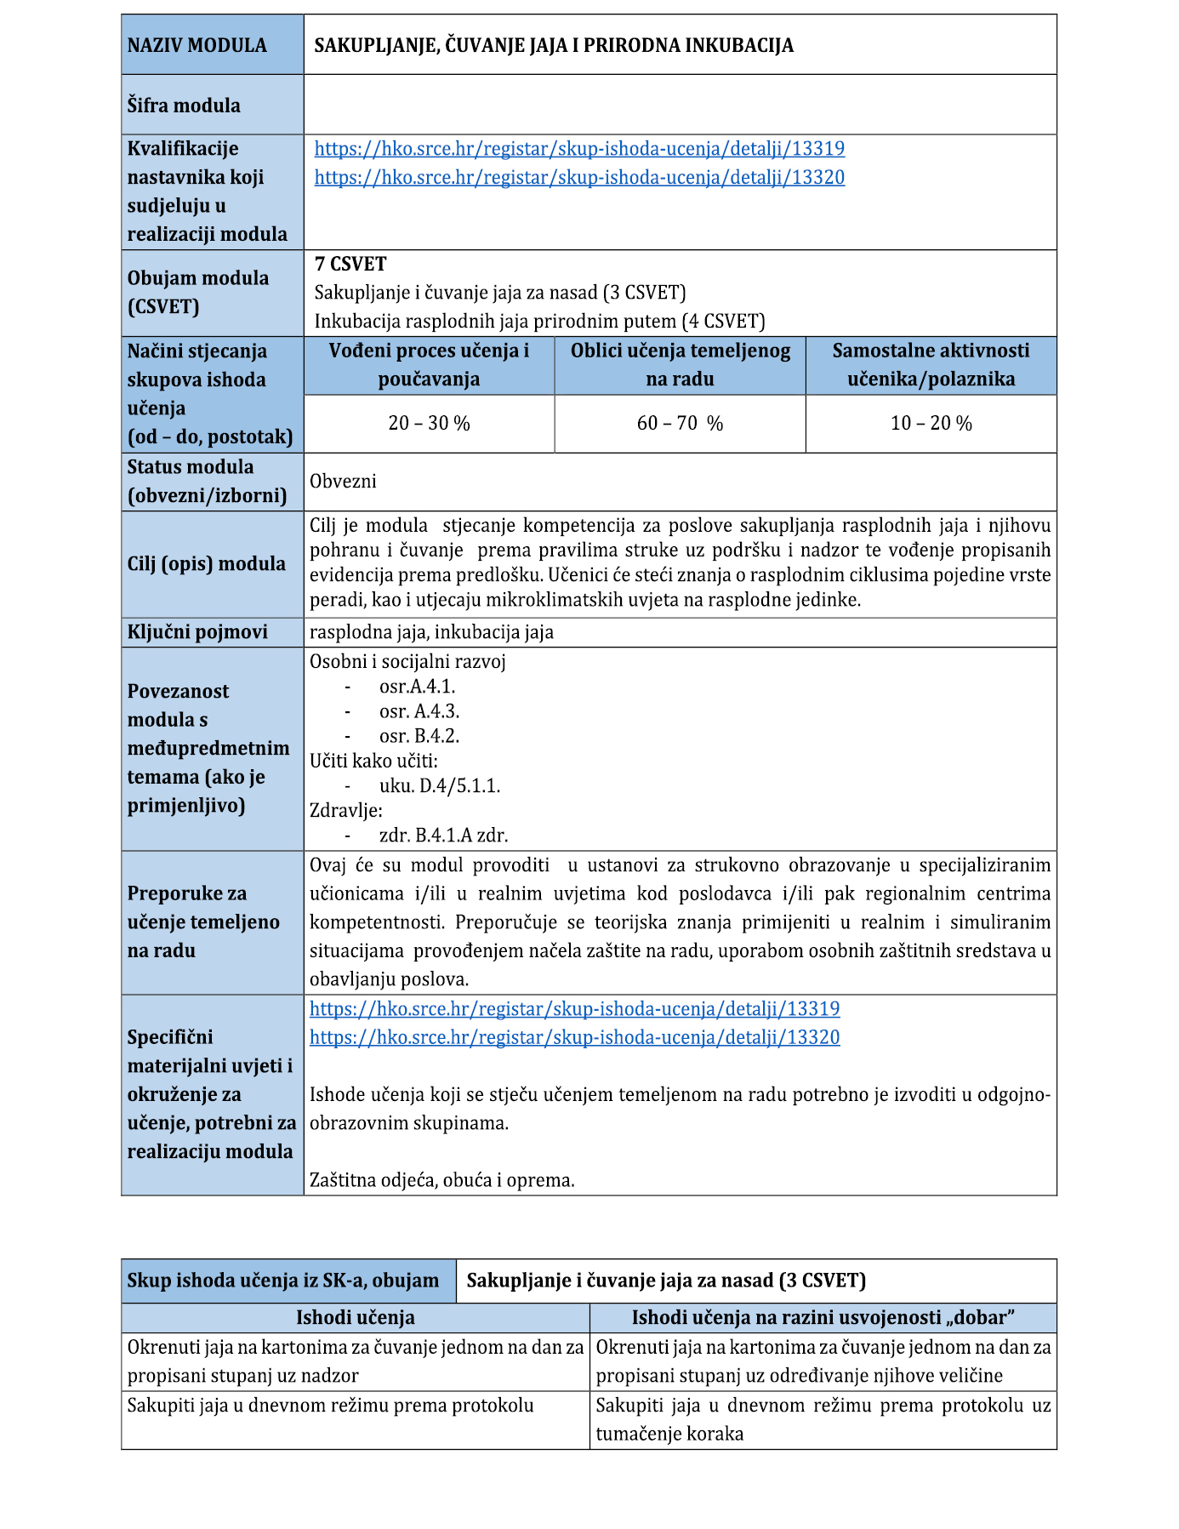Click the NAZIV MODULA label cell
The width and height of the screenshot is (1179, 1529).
pyautogui.click(x=196, y=45)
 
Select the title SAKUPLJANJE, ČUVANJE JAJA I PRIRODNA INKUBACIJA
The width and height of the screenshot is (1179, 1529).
pyautogui.click(x=554, y=45)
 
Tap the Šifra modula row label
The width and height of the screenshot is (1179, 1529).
pyautogui.click(x=184, y=106)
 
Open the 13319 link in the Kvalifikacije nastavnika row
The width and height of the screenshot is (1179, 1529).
pyautogui.click(x=579, y=149)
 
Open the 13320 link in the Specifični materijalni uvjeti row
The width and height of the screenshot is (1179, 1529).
pyautogui.click(x=574, y=1037)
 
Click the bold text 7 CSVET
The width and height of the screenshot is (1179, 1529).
pyautogui.click(x=350, y=264)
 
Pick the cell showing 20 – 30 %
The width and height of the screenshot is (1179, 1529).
pyautogui.click(x=429, y=423)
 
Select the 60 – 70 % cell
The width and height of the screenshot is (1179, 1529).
pyautogui.click(x=680, y=423)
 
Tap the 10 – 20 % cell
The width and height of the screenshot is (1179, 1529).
pyautogui.click(x=931, y=423)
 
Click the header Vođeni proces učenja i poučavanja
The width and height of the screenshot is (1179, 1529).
pyautogui.click(x=429, y=364)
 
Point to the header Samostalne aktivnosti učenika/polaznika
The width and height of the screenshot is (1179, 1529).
pyautogui.click(x=931, y=364)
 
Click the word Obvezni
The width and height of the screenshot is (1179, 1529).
pyautogui.click(x=343, y=481)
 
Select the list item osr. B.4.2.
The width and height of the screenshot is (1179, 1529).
pyautogui.click(x=419, y=735)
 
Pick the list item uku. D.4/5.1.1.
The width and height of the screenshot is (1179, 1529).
pyautogui.click(x=440, y=785)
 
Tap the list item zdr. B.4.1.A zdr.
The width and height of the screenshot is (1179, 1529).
pyautogui.click(x=443, y=836)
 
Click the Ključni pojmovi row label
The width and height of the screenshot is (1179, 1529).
pyautogui.click(x=197, y=632)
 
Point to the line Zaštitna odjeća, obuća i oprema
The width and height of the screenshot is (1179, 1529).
pyautogui.click(x=441, y=1180)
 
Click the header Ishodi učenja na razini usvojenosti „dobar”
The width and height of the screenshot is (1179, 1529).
pyautogui.click(x=823, y=1318)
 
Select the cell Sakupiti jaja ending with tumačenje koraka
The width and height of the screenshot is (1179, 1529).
pyautogui.click(x=823, y=1419)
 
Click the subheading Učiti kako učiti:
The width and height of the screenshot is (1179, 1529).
pyautogui.click(x=373, y=761)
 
